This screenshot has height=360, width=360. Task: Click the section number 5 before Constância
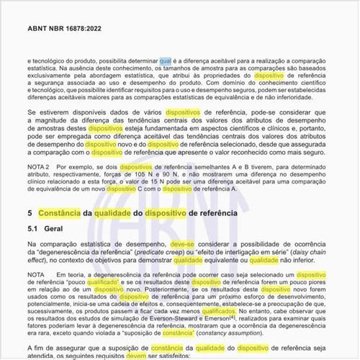tap(29, 213)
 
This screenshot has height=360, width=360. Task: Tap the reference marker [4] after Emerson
tap(233, 319)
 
